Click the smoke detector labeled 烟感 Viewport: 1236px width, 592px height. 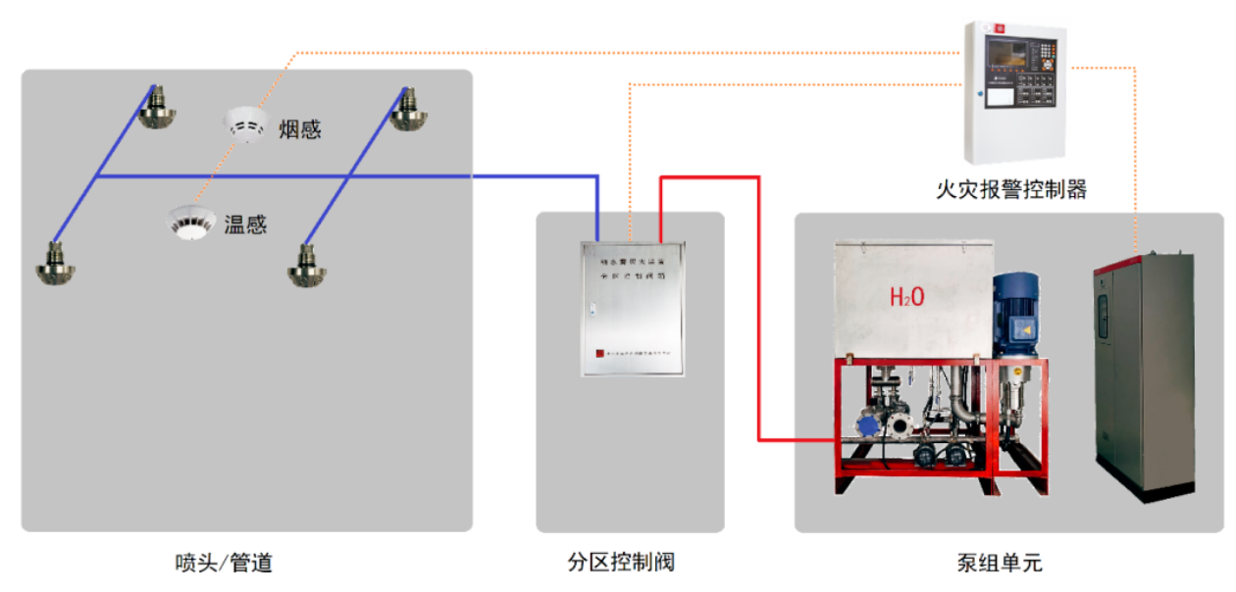[x=245, y=123]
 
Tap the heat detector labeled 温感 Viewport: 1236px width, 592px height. [x=190, y=222]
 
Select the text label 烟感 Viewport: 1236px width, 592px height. [x=299, y=129]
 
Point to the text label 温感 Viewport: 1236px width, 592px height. [x=245, y=224]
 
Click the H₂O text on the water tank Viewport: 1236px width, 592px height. [x=905, y=295]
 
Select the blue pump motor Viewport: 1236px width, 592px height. [x=1014, y=314]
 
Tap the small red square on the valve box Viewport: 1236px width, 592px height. [x=600, y=355]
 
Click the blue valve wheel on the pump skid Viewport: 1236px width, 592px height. [x=868, y=425]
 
